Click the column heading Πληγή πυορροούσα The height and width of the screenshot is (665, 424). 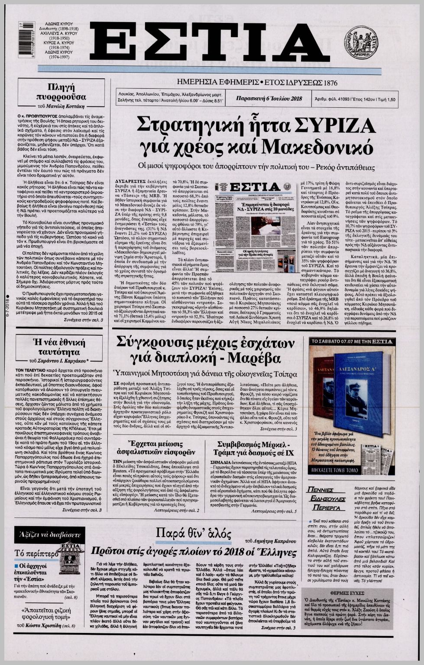pos(67,91)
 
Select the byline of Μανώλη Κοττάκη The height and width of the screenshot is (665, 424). pos(67,106)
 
